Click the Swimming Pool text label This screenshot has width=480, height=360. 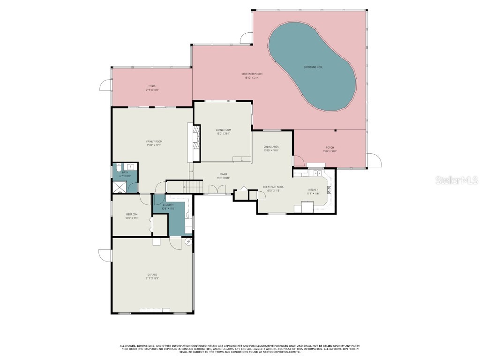(313, 67)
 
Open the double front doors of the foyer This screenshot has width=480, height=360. (217, 189)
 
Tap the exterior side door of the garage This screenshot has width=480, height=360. (105, 256)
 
